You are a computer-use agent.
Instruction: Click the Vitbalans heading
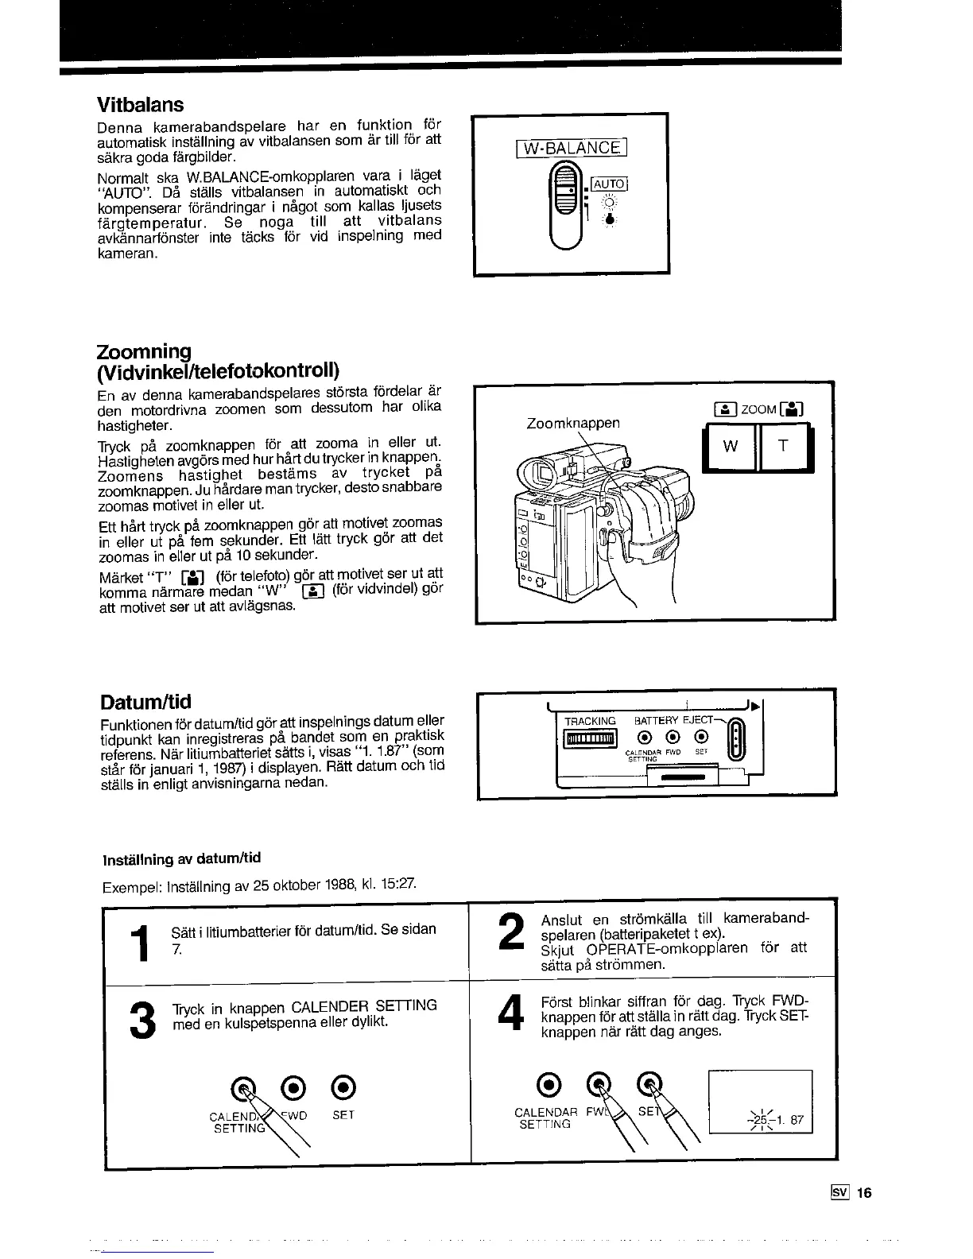[140, 105]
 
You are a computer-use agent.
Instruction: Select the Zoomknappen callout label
[572, 424]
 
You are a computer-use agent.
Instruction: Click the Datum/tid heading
[145, 703]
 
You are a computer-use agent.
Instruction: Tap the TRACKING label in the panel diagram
[590, 721]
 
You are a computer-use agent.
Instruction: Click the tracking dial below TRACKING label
[590, 740]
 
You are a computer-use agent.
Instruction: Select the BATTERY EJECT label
[672, 721]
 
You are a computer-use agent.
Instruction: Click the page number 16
[864, 1192]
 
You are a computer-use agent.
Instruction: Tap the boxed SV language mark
[839, 1192]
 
